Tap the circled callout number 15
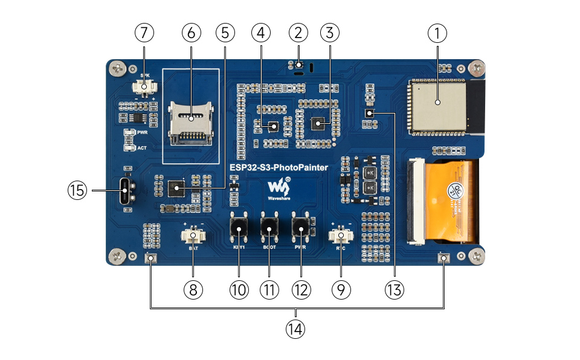coord(77,191)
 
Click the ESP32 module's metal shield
coord(437,105)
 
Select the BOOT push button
coord(269,227)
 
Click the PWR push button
coord(300,227)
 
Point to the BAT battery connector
coord(193,236)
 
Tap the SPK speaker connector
coord(144,88)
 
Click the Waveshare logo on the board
coord(280,189)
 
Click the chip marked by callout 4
coord(273,126)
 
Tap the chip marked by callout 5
coord(176,189)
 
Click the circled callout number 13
coord(395,289)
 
